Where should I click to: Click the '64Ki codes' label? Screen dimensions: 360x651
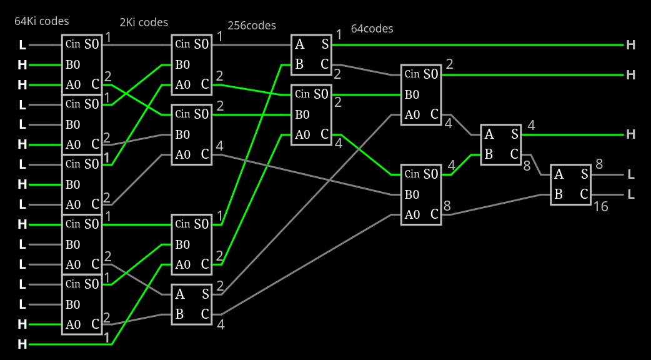point(42,21)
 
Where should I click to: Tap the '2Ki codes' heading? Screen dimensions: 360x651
point(144,22)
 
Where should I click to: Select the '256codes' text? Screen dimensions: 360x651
point(252,26)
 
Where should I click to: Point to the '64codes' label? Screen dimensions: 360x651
point(372,29)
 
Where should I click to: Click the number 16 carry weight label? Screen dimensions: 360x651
point(600,206)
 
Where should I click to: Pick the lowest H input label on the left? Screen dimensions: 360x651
point(22,344)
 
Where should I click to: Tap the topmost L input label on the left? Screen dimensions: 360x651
point(22,45)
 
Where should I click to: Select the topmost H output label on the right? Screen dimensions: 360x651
point(630,45)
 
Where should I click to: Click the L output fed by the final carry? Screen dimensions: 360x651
point(630,194)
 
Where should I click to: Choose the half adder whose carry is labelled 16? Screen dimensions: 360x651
point(570,184)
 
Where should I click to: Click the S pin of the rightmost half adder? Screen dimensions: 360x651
point(584,174)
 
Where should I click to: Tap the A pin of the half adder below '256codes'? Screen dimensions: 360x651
point(300,44)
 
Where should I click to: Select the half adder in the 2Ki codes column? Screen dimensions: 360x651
point(192,304)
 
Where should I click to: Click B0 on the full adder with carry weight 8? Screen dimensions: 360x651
point(412,194)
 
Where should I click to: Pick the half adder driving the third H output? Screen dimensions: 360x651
point(500,144)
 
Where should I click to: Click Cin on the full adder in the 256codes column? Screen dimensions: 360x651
point(302,94)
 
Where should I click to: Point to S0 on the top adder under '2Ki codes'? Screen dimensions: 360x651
point(201,44)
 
